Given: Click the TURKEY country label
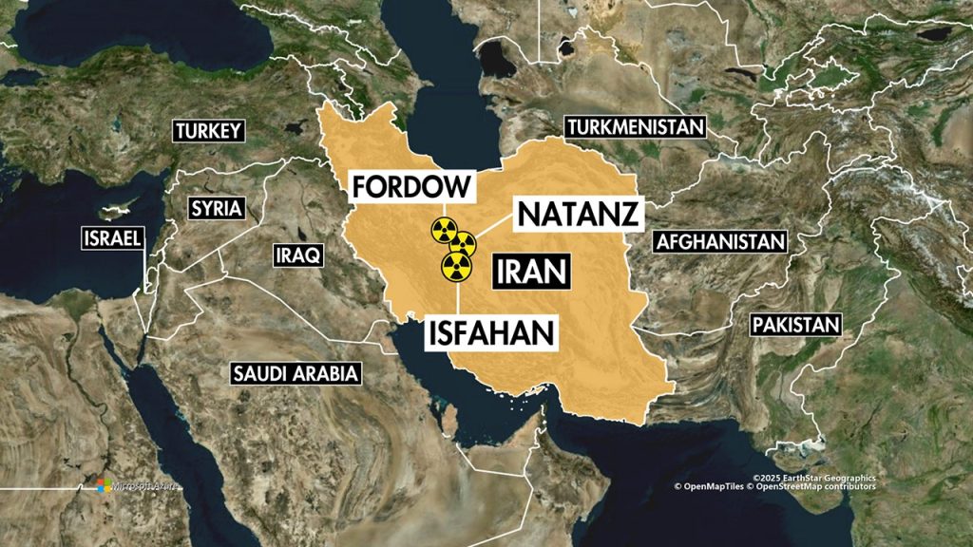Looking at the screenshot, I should (208, 132).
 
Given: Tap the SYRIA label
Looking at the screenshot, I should (216, 208).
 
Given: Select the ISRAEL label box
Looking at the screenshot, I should (113, 237).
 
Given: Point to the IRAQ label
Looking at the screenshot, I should (297, 255).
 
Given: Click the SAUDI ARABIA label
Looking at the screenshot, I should (296, 373).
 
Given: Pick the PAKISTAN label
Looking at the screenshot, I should (796, 325).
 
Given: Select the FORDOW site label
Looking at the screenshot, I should (411, 185).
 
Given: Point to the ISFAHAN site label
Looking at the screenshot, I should (489, 331).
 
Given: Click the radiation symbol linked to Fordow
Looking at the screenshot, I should (442, 228).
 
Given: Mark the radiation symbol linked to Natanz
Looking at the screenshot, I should (463, 244).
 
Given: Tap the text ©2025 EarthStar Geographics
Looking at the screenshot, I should (813, 478).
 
